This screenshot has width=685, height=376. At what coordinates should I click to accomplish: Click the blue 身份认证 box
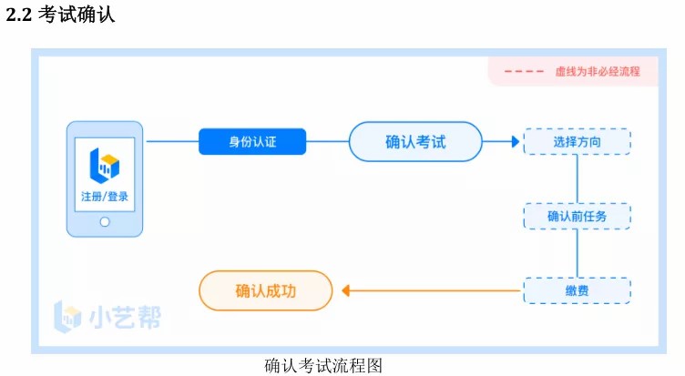pos(252,142)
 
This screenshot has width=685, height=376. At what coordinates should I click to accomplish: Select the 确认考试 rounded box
pos(414,142)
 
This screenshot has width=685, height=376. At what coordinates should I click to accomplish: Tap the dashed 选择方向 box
pos(577,142)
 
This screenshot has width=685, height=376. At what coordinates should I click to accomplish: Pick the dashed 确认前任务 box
pos(577,216)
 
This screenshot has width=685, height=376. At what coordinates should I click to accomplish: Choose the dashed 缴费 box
pos(577,290)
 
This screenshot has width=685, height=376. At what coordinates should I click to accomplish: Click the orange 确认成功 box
pos(265,290)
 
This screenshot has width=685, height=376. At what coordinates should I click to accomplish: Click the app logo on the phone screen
pos(105,164)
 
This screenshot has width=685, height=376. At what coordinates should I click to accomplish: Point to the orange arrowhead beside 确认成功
pos(345,290)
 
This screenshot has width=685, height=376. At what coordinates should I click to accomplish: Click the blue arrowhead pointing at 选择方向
pos(516,142)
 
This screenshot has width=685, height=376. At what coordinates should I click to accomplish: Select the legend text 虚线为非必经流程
pos(597,71)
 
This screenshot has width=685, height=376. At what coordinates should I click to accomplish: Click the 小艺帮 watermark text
pos(128,316)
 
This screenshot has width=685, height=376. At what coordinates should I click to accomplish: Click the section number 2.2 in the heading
pos(18,15)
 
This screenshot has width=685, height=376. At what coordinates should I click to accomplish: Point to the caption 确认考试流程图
pos(322,365)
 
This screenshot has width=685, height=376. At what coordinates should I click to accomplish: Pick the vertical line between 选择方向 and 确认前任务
pos(577,179)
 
